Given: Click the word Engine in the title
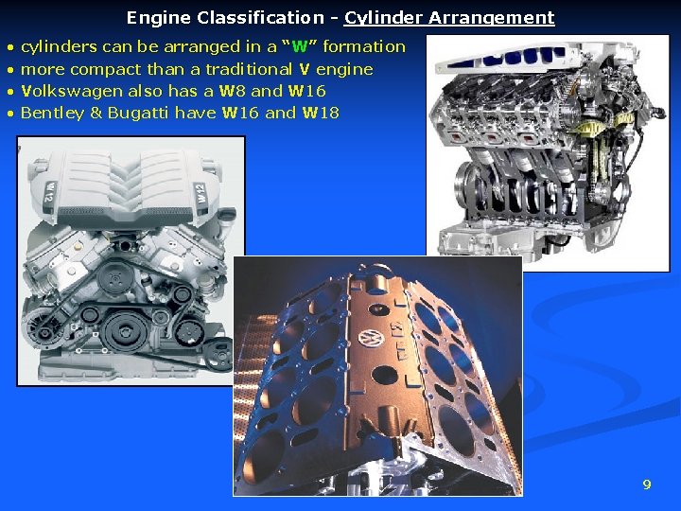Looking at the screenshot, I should click(x=157, y=18).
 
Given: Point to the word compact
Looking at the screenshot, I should click(x=104, y=69).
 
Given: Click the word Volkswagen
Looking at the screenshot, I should click(x=66, y=91).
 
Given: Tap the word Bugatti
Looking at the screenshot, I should click(x=136, y=113).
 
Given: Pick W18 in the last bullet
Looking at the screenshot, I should click(x=320, y=113).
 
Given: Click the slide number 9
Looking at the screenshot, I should click(x=647, y=485).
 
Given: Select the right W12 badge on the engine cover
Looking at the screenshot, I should click(x=202, y=195).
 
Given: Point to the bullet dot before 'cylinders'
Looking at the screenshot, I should click(x=10, y=47).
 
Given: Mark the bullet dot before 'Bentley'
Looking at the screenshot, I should click(x=10, y=114).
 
